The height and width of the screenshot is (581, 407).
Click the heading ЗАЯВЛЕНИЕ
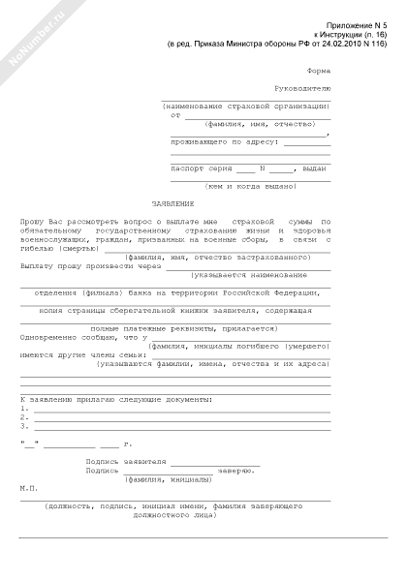pyautogui.click(x=173, y=203)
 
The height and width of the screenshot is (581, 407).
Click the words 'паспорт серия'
pyautogui.click(x=202, y=168)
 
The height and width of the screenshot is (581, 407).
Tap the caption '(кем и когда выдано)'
pyautogui.click(x=249, y=185)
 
